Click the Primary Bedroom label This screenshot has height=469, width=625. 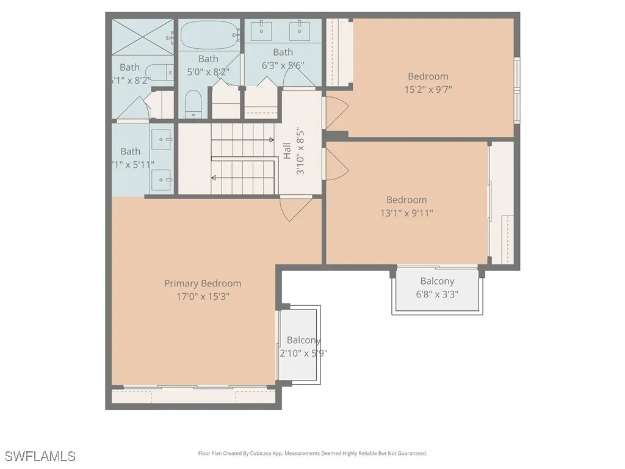click(x=203, y=283)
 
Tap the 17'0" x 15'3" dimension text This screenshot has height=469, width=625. click(x=203, y=297)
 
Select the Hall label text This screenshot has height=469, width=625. click(x=287, y=151)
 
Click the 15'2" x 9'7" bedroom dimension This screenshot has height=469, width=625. click(x=428, y=89)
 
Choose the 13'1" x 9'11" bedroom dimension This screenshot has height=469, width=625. click(x=406, y=213)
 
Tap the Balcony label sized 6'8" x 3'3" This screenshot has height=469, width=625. click(x=437, y=281)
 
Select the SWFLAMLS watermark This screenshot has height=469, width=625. click(x=40, y=456)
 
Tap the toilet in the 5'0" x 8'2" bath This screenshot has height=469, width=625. click(x=192, y=104)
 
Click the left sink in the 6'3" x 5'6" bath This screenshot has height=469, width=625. click(x=265, y=28)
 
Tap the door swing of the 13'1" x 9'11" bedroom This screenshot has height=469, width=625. click(x=334, y=164)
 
